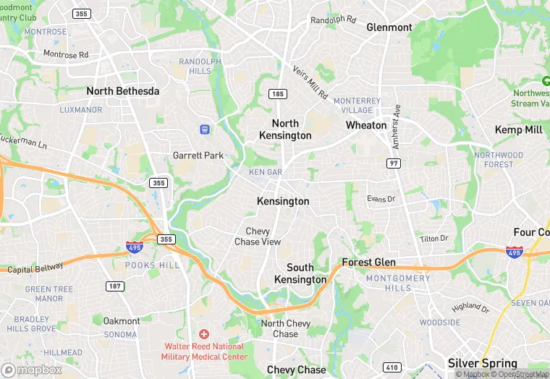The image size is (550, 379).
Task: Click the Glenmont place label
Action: point(389,27)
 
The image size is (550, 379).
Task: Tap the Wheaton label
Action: point(366,125)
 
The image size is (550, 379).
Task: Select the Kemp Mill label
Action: point(518,129)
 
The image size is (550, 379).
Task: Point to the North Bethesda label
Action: point(123,91)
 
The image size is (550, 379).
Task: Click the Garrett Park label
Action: point(198,156)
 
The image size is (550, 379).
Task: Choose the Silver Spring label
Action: point(483,364)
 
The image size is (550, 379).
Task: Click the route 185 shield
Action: point(277,94)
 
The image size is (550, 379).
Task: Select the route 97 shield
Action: point(394,164)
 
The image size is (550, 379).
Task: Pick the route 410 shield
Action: point(392,367)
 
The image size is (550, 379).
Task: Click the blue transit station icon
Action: point(205,129)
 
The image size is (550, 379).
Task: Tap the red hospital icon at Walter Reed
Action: point(204,334)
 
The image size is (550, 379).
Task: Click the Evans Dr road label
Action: point(381,199)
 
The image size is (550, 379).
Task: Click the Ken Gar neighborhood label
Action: point(266,172)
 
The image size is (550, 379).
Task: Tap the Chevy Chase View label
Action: point(258,237)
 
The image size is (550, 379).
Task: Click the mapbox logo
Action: point(31,370)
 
